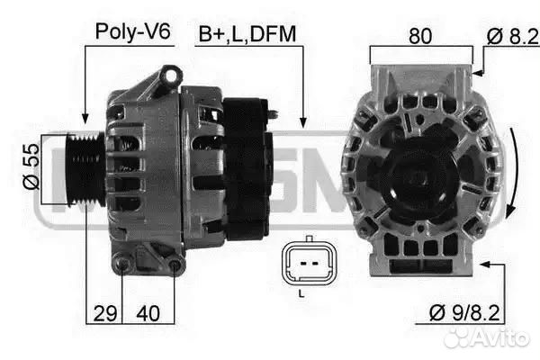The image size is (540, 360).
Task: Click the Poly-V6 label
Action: point(132,32)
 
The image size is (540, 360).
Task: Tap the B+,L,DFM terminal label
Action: point(247,34)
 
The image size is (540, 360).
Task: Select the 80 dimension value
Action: point(420,36)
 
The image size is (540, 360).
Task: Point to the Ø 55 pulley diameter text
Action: point(31,166)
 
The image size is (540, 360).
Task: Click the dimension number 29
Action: point(105,313)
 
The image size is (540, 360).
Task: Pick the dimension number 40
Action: point(148,313)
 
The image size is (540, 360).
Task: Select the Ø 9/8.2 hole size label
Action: point(464,313)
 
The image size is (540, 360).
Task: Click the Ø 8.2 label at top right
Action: point(512,37)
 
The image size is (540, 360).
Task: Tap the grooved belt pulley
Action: point(86,169)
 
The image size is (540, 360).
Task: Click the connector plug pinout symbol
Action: point(309,263)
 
